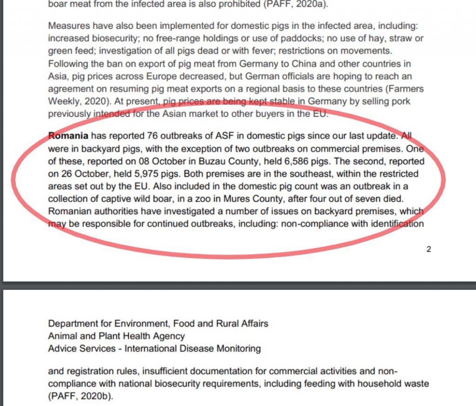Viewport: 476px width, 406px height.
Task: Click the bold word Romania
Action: (68, 137)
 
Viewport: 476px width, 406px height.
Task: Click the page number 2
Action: (429, 249)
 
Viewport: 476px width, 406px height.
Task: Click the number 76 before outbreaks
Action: (152, 137)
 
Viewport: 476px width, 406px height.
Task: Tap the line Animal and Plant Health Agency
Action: (116, 336)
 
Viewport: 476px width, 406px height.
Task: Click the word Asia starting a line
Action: (57, 76)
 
